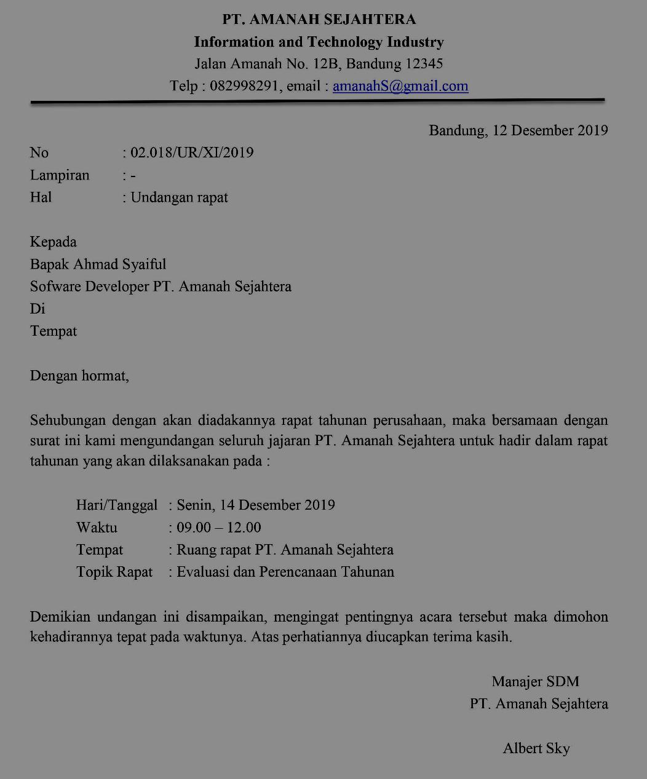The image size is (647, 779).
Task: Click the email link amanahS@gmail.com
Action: pos(400,86)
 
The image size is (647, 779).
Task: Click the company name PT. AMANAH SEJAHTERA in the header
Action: pos(319,20)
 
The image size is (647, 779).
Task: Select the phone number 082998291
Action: pos(245,86)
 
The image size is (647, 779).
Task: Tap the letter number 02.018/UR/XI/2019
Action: pos(192,152)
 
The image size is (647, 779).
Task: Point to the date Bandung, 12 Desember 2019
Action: pos(518,130)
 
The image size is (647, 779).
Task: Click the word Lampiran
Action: pos(60,175)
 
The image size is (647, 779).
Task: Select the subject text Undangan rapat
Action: pos(179,197)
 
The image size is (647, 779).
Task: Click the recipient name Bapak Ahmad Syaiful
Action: pos(98,264)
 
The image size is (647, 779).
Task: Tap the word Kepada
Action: pos(54,242)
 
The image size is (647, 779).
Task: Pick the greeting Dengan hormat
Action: pos(79,375)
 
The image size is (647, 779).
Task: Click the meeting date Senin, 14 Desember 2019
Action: pos(255,505)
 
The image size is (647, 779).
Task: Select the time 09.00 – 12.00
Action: pos(218,528)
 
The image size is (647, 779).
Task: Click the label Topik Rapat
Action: pos(114,572)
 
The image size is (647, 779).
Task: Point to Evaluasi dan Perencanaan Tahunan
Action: pos(285,572)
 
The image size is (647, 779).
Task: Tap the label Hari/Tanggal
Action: pos(117,505)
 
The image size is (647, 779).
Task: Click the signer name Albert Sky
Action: pos(536,748)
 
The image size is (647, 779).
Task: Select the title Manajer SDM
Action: pos(535,681)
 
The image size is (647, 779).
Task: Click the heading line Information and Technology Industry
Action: pos(319,42)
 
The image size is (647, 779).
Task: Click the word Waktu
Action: pos(97,528)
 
